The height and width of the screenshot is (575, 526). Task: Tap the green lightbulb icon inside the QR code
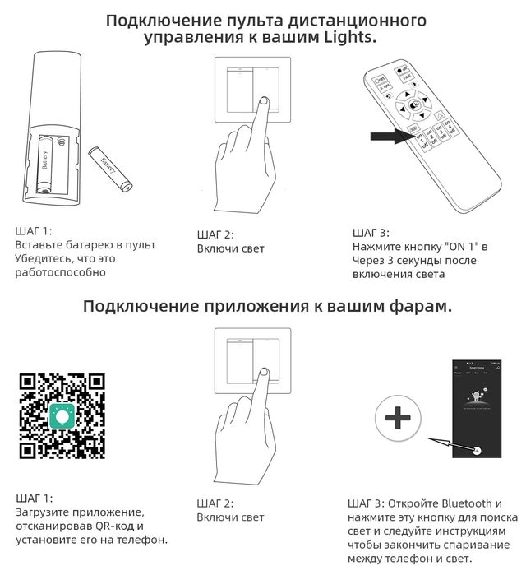(x=62, y=415)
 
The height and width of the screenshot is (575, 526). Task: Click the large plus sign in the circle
(x=398, y=419)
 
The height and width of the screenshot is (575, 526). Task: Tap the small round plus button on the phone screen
(x=477, y=450)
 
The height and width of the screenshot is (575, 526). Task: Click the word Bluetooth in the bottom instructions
(x=467, y=503)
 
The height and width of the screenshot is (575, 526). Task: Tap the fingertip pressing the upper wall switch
(x=262, y=102)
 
